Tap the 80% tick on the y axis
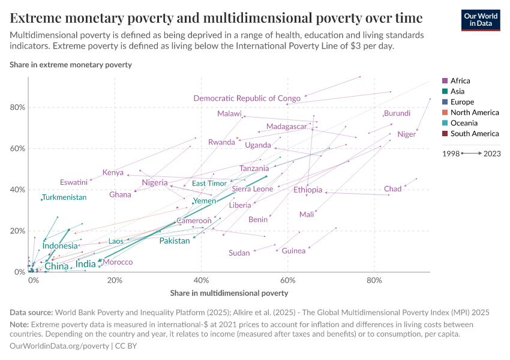coord(18,107)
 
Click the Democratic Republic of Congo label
coord(247,98)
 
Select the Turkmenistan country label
coord(64,197)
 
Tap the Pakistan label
coord(175,241)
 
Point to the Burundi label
coord(397,113)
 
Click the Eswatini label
coord(74,182)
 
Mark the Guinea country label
coord(293,251)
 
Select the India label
coord(86,264)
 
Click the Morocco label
coord(118,262)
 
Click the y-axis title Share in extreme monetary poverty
coord(71,64)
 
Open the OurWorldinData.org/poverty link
coord(59,346)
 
